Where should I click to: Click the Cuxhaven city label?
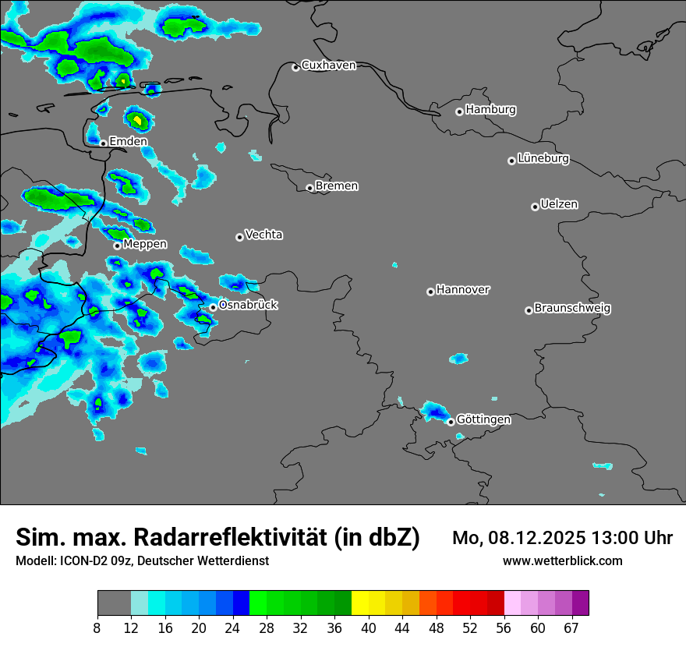click(x=328, y=65)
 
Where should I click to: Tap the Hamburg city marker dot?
click(x=460, y=111)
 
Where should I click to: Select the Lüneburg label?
click(x=543, y=158)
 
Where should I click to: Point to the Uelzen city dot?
click(x=535, y=207)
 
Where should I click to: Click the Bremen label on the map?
click(x=337, y=186)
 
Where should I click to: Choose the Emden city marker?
click(x=103, y=143)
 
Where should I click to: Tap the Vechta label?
click(x=263, y=235)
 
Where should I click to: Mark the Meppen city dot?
click(x=117, y=246)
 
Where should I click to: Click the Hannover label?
click(x=463, y=290)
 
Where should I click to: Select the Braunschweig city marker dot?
click(x=529, y=310)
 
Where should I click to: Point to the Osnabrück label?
click(x=248, y=305)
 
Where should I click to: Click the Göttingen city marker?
click(x=451, y=422)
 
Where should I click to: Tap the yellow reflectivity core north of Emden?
click(x=137, y=120)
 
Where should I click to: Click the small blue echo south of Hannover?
click(x=458, y=359)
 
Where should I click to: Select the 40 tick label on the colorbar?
click(x=368, y=628)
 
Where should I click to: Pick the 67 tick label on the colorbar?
click(x=571, y=628)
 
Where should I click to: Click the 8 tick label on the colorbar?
click(x=97, y=628)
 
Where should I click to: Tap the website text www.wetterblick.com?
click(x=562, y=561)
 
